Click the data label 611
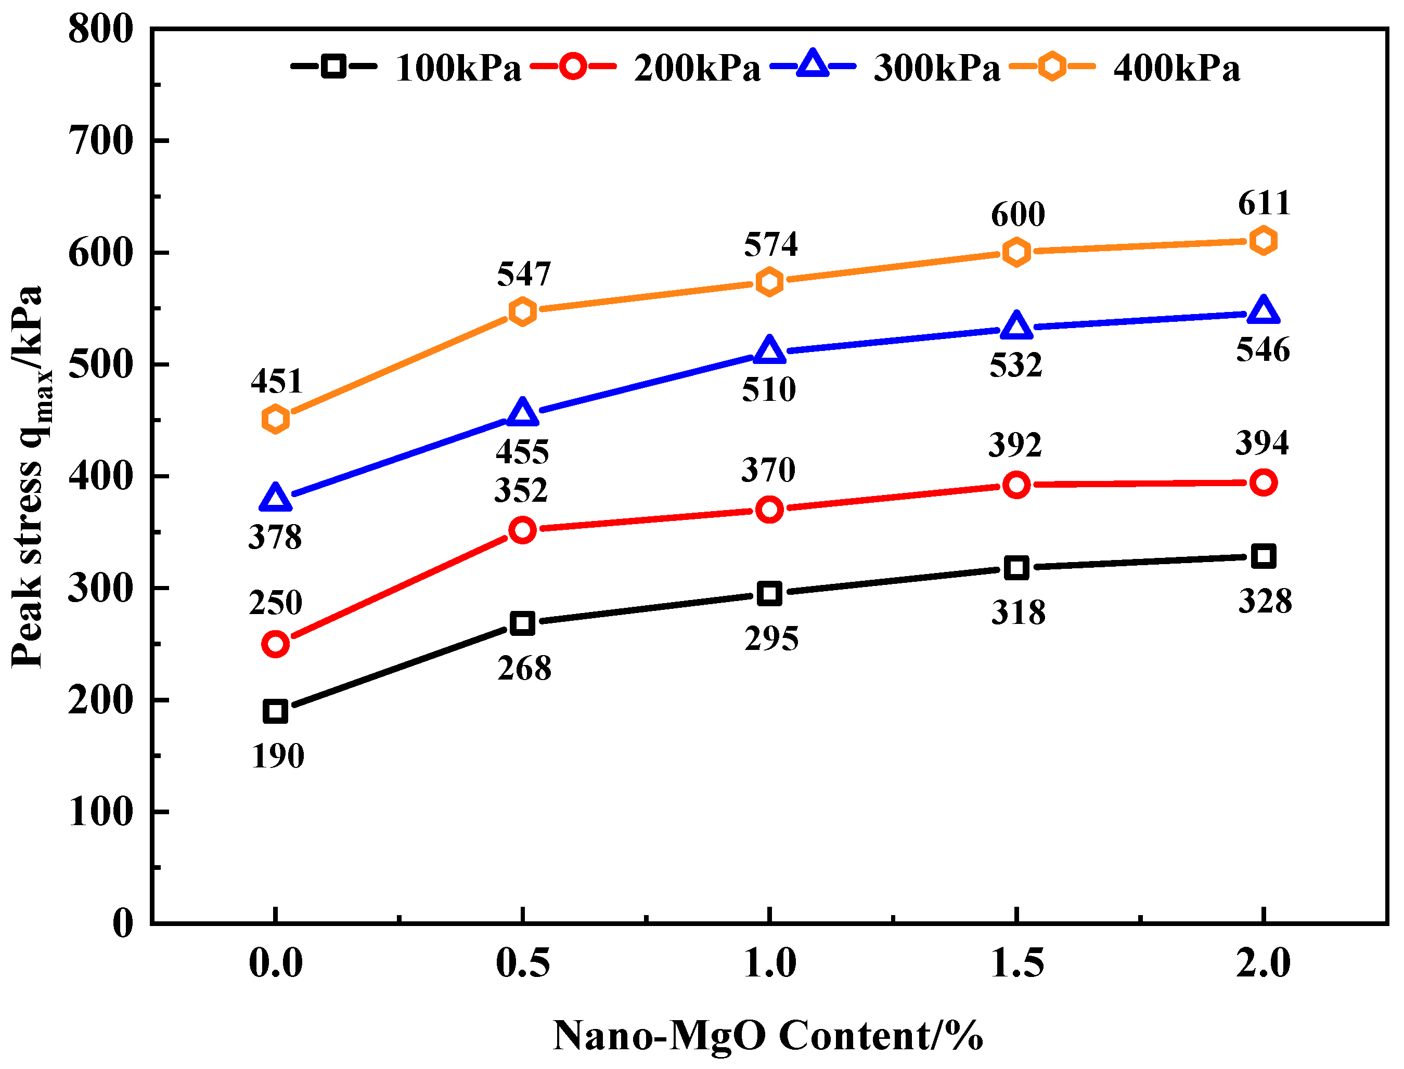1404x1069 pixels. [1264, 204]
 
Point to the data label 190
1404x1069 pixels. [277, 757]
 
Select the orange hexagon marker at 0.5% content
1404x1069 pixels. [522, 311]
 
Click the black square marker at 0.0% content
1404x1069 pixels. [275, 711]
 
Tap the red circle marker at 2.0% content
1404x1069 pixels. [1264, 483]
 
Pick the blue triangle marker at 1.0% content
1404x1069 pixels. [769, 350]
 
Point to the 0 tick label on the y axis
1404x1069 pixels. [122, 923]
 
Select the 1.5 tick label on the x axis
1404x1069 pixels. [1017, 963]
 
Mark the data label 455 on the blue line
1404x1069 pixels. [522, 452]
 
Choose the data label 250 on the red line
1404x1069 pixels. [275, 603]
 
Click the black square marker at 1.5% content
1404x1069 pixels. [1016, 567]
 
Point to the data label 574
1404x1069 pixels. [770, 244]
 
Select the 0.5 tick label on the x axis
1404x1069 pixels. [522, 963]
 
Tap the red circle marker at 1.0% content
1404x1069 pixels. [769, 510]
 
